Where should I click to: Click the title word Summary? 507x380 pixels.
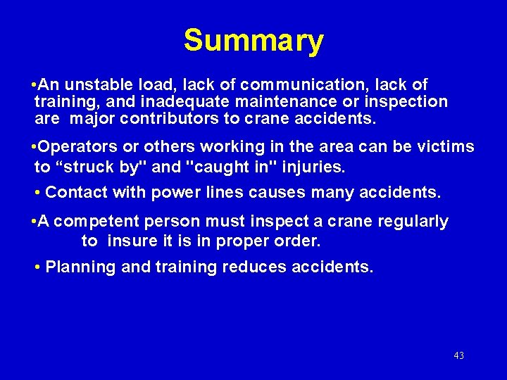254,41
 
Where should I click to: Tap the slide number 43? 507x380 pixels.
459,355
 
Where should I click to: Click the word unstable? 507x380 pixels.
96,85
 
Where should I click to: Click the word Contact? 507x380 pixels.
73,191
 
